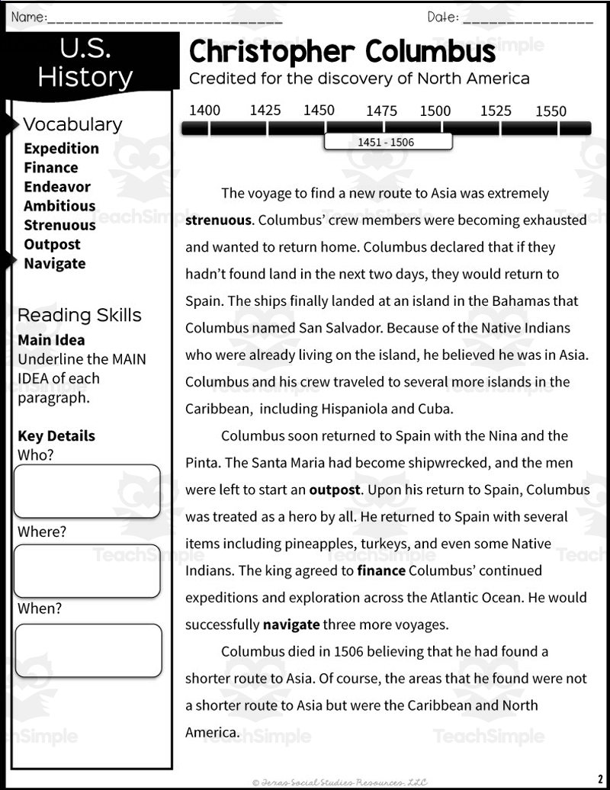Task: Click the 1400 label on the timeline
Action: (204, 110)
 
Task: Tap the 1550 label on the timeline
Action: (551, 111)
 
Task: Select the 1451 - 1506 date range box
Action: (387, 142)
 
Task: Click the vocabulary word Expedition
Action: (61, 149)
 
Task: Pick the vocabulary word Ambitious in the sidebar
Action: (59, 206)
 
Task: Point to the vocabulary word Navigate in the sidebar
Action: (54, 264)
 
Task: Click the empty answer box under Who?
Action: (87, 491)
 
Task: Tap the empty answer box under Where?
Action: (87, 570)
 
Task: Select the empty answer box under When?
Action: (88, 650)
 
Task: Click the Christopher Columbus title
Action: (342, 52)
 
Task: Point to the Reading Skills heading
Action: (79, 315)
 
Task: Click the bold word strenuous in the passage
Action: (218, 220)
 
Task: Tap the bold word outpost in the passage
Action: (334, 490)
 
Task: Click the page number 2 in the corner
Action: (600, 777)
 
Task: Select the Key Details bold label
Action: (56, 436)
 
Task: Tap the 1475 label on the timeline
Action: (381, 111)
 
